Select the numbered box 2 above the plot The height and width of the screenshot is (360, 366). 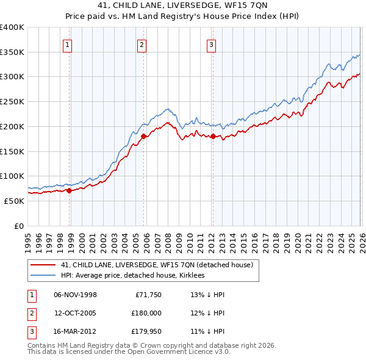142,44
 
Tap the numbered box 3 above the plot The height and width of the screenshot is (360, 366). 211,44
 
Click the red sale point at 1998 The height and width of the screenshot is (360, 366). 69,190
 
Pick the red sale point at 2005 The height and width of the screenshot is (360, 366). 144,137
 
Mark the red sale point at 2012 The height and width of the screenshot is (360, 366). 213,137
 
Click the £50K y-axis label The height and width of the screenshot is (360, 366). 15,201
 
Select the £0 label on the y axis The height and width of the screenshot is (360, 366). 20,226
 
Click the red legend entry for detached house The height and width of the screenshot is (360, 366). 160,265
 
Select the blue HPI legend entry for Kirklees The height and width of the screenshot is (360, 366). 132,275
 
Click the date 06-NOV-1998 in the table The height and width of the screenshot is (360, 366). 75,295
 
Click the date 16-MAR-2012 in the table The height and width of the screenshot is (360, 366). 75,332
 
